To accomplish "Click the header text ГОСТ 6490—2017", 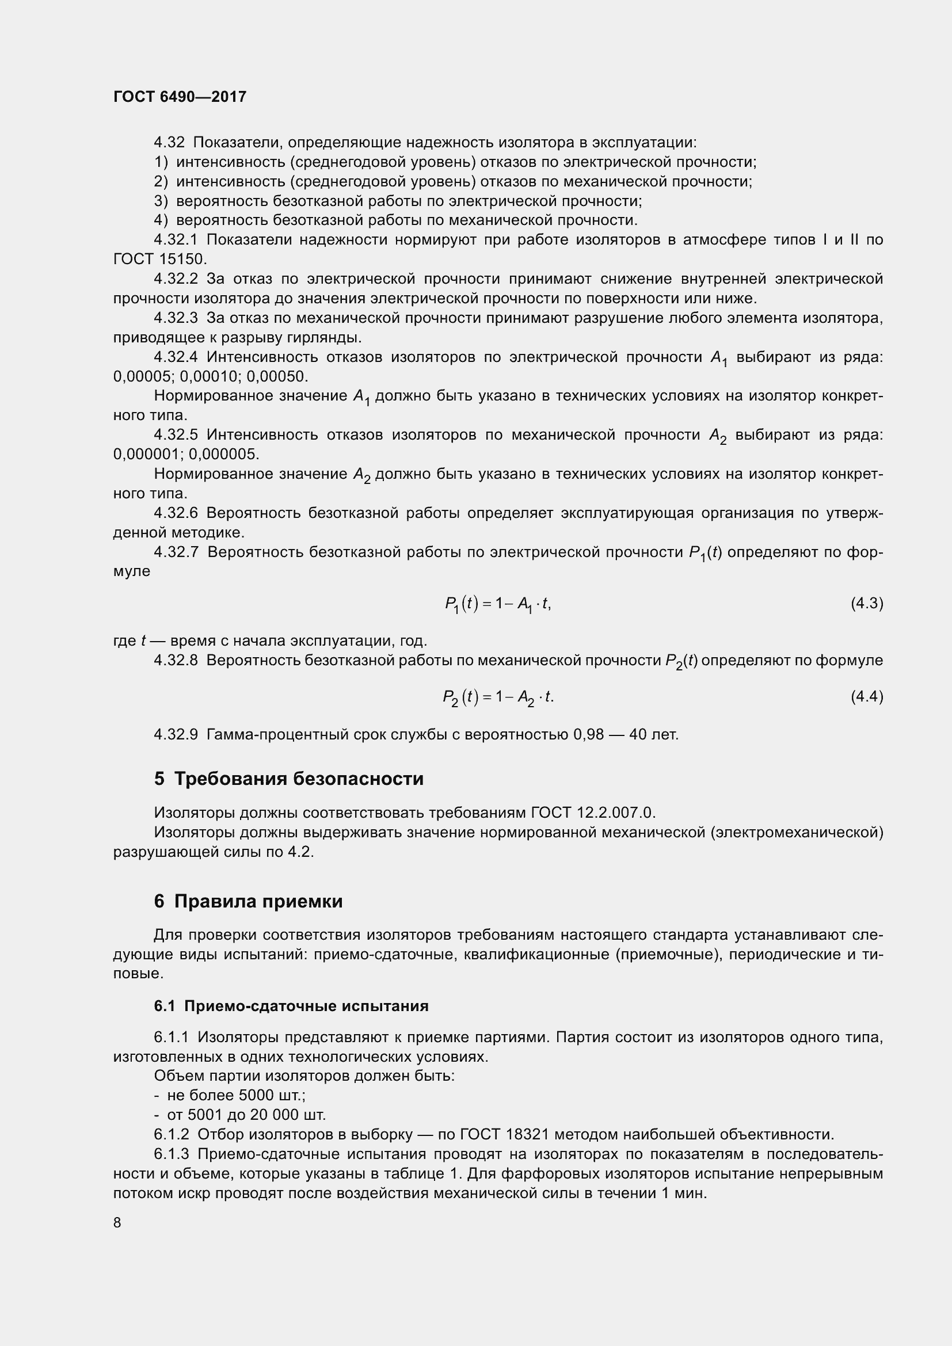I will coord(180,97).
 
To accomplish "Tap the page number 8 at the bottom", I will coord(117,1222).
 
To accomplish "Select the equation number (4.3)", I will coord(866,603).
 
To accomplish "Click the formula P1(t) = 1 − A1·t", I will coord(498,604).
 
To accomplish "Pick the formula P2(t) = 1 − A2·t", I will coord(498,697).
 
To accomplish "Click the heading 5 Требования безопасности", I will coord(288,779).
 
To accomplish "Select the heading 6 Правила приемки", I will coord(248,901).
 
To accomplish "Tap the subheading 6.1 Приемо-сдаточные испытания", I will coord(291,1006).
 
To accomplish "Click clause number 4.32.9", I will coord(176,734).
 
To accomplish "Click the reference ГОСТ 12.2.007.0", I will coord(593,813).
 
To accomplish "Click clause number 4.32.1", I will coord(176,240).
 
